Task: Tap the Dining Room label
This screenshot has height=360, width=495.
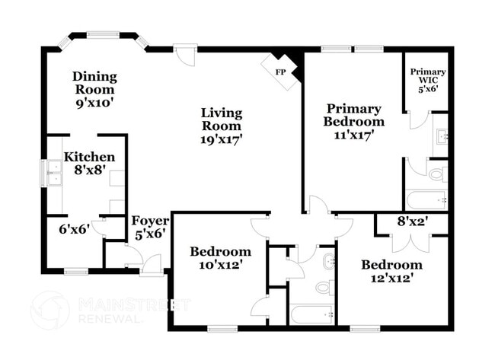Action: (x=94, y=88)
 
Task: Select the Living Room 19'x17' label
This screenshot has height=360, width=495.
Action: (x=221, y=126)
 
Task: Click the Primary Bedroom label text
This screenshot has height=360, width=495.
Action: (x=353, y=121)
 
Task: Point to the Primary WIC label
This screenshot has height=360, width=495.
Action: (x=428, y=80)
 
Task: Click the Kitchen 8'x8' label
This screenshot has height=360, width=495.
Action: (x=84, y=164)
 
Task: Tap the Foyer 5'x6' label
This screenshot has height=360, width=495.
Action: (x=150, y=228)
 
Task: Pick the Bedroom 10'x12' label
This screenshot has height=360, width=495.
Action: (x=220, y=258)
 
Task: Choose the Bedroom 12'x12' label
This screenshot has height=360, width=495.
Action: (x=391, y=271)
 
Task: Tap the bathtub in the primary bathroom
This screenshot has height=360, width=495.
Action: (x=426, y=200)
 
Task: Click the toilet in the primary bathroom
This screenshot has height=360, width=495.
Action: (x=436, y=174)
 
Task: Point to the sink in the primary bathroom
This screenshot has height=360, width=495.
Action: (x=441, y=138)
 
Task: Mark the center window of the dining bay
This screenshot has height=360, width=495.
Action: (x=103, y=33)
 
